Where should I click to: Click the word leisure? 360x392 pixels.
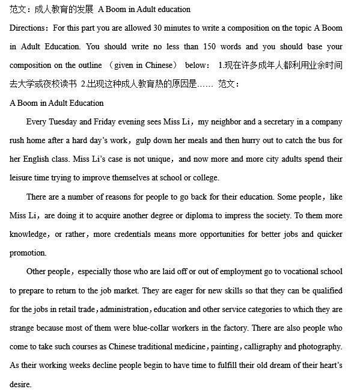[x=22, y=178]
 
